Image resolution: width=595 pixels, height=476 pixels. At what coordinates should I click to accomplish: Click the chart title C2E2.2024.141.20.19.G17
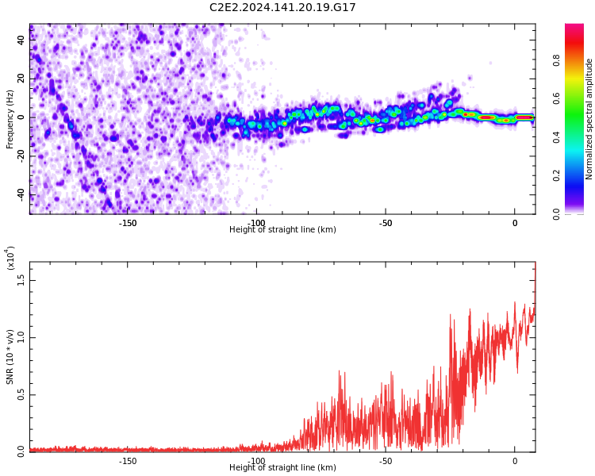(282, 8)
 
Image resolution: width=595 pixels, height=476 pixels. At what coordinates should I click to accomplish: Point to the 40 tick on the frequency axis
(21, 40)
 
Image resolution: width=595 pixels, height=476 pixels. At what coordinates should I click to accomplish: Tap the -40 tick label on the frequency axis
(21, 194)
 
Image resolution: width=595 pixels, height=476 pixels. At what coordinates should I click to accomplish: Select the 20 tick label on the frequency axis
(21, 79)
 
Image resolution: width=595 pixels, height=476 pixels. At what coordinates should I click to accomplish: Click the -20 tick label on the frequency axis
(21, 155)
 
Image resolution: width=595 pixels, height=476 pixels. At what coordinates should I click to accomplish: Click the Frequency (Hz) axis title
(10, 118)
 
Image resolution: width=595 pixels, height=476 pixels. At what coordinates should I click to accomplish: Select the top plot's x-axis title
(282, 230)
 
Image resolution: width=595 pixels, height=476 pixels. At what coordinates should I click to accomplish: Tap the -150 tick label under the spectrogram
(128, 223)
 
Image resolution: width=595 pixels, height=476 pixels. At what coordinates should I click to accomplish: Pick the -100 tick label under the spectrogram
(256, 223)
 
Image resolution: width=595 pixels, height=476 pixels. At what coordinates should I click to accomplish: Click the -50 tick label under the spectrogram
(386, 223)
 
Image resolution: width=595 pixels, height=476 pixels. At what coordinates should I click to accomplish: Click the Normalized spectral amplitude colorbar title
(589, 118)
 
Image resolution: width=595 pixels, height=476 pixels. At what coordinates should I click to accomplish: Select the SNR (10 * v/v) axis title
(10, 357)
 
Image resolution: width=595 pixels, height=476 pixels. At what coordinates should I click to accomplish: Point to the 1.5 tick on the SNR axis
(21, 279)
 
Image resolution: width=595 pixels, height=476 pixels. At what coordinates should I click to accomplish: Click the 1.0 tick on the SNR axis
(21, 337)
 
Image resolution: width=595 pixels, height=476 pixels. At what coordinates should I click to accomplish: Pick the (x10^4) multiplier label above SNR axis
(10, 259)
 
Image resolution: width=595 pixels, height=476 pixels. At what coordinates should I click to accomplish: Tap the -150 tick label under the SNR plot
(128, 461)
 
